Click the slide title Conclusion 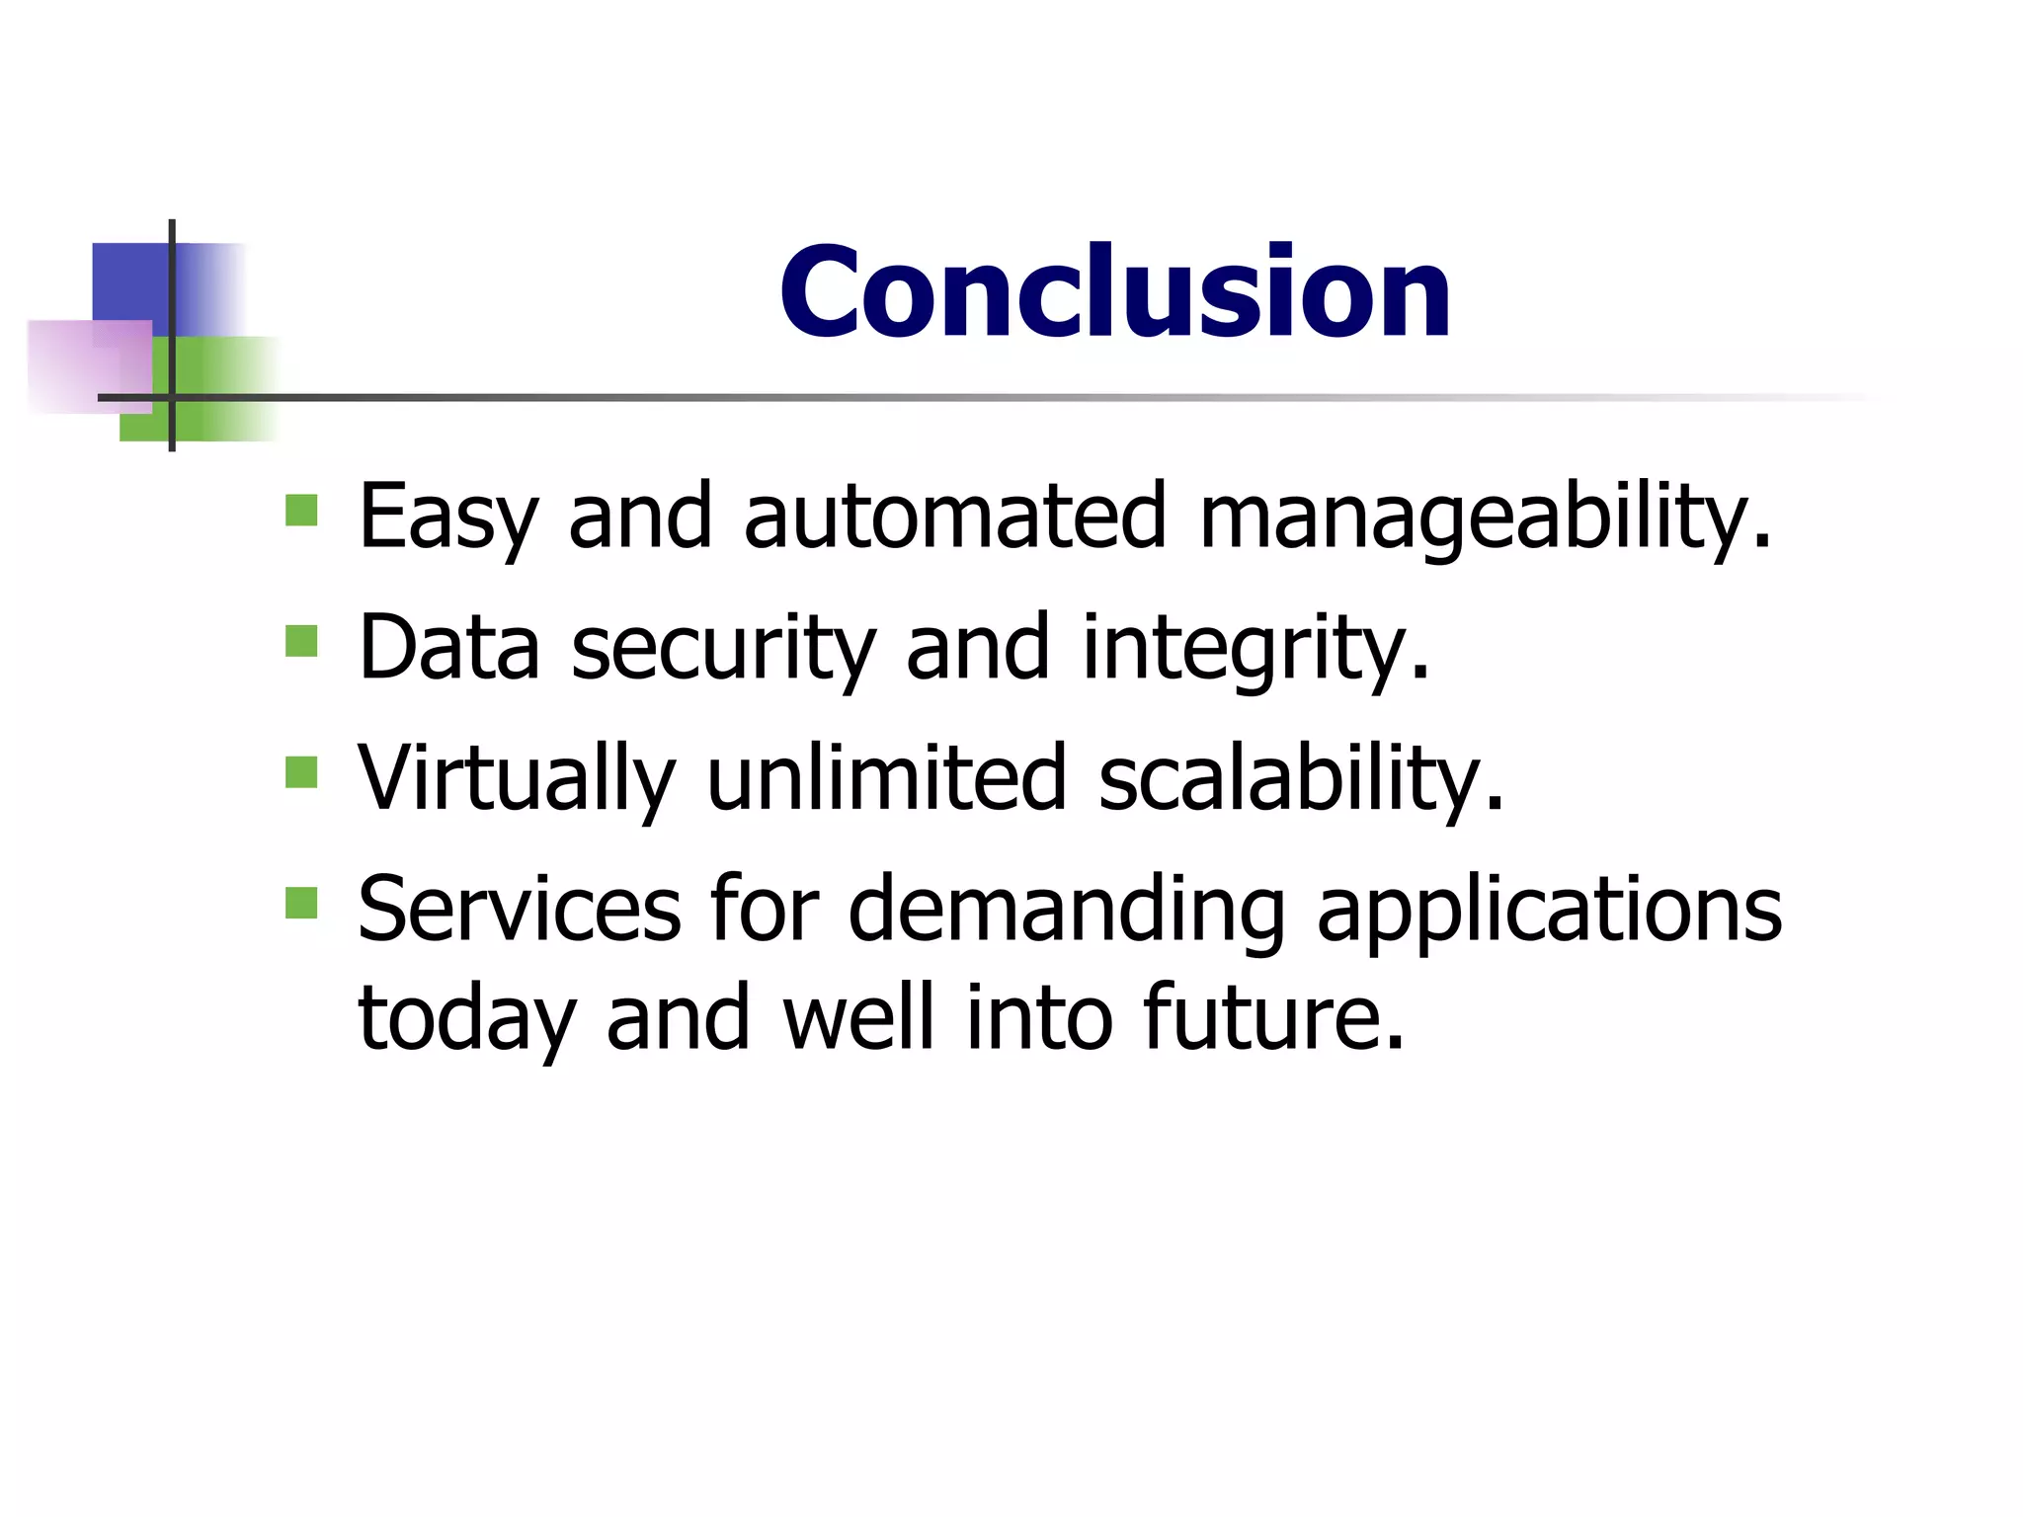point(1114,292)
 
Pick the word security point(723,649)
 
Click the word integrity point(1254,649)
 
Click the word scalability point(1300,779)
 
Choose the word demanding point(1067,910)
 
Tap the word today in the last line point(466,1019)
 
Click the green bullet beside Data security point(301,641)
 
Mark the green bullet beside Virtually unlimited point(301,772)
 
